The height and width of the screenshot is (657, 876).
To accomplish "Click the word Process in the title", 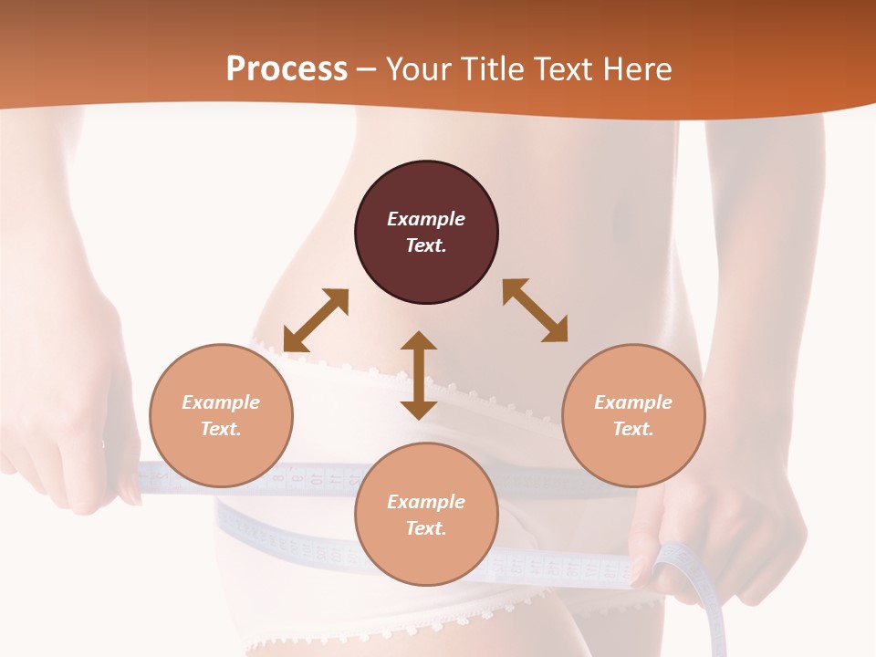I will point(287,69).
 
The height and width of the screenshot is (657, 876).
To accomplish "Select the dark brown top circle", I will point(426,233).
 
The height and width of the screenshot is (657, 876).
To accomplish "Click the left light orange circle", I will point(221,415).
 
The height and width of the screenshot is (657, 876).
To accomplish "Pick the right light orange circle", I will point(633,415).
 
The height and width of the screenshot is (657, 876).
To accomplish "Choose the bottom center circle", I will point(426,515).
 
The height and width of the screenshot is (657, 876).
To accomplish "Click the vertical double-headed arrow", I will point(419,375).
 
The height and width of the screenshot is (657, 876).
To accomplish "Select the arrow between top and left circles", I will point(316,320).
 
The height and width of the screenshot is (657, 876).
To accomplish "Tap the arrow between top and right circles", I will point(536,311).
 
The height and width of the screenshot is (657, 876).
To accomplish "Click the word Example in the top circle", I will point(426,219).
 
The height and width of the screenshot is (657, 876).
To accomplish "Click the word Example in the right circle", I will point(633,402).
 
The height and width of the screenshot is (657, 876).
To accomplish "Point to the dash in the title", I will point(367,70).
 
